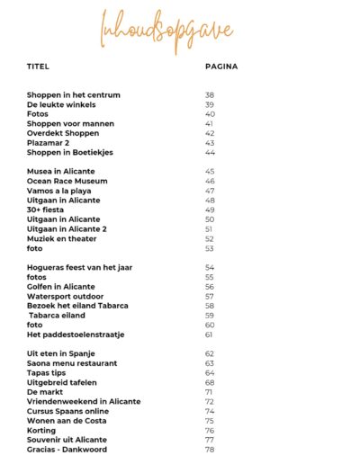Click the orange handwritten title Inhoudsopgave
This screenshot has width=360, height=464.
[180, 31]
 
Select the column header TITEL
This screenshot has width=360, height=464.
[39, 66]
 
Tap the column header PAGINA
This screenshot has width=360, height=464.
[221, 66]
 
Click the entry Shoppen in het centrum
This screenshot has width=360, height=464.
[74, 94]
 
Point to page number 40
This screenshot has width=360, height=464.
[210, 114]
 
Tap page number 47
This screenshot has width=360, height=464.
[210, 191]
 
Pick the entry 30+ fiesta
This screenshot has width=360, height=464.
[48, 210]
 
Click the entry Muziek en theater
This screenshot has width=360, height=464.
[66, 238]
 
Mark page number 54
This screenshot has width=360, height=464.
[210, 267]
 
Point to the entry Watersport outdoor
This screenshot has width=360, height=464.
[66, 296]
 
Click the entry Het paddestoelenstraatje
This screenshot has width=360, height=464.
[76, 335]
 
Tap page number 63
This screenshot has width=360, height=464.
[210, 363]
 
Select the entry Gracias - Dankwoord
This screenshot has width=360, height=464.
[67, 450]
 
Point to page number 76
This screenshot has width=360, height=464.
[210, 431]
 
